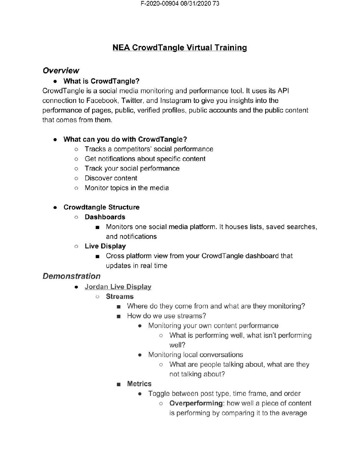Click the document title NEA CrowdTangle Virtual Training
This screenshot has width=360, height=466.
[180, 48]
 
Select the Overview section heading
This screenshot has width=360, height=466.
[61, 70]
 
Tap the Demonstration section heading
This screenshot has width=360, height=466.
[71, 276]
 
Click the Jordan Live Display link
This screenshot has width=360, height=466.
[118, 287]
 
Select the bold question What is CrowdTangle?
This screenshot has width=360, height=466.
[101, 81]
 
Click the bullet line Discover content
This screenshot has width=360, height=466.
[111, 178]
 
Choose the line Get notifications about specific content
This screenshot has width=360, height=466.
[145, 159]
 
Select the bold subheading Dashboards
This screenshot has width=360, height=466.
[105, 217]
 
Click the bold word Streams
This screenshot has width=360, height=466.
[120, 297]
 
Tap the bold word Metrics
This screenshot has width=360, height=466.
[139, 384]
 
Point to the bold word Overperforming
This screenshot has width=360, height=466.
[196, 403]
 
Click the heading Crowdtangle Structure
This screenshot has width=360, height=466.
[101, 208]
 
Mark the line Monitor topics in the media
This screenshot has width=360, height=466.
[127, 188]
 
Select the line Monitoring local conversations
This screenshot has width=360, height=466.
[196, 355]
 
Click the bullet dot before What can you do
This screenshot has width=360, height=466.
[56, 140]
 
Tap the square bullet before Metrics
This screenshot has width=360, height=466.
[118, 385]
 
